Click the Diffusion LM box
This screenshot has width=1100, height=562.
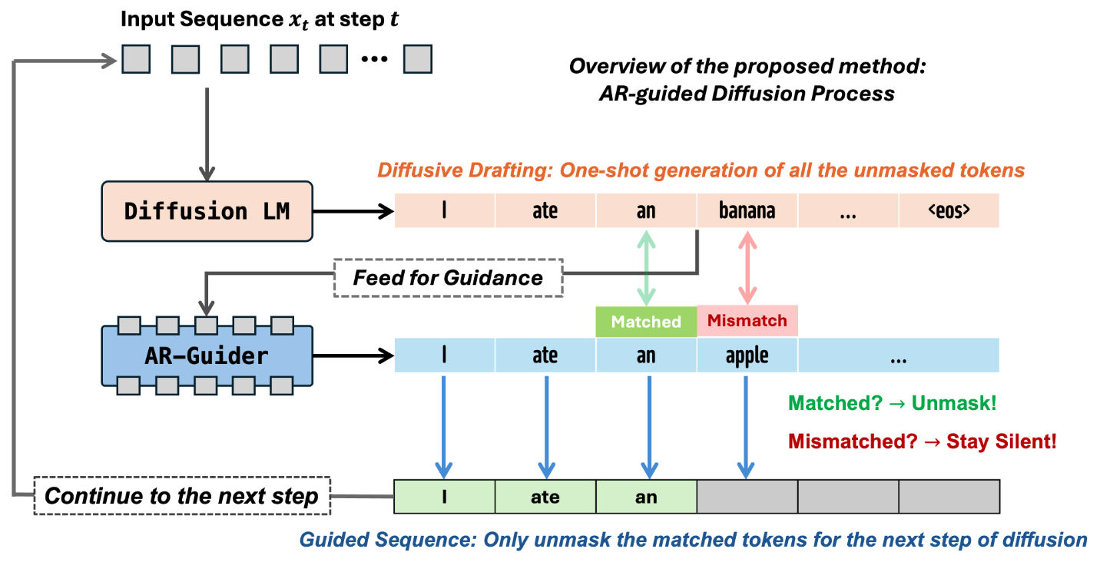coord(207,211)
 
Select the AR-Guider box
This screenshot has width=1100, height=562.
coord(207,355)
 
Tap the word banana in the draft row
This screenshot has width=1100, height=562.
coord(747,210)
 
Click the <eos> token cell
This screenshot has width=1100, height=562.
coord(949,210)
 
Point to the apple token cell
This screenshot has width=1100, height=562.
coord(747,355)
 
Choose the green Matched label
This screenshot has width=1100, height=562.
coord(646,322)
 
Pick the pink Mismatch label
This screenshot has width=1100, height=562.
coord(747,321)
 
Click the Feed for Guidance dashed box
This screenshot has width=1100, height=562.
coord(448,278)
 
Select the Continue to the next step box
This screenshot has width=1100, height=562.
coord(182,496)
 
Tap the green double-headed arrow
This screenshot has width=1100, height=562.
coord(646,267)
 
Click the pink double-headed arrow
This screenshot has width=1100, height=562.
coord(747,267)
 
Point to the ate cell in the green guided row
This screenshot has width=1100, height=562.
coord(545,497)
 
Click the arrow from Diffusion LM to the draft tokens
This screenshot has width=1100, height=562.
coord(353,212)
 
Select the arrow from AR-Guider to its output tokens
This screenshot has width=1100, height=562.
coord(353,355)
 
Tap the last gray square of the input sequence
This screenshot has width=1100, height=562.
coord(417,59)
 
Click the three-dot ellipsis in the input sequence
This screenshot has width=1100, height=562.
coord(374,59)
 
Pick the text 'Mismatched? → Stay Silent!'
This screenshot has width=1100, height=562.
coord(923,441)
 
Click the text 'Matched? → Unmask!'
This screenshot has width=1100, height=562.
coord(893,403)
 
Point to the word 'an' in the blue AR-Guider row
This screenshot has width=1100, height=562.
coord(646,355)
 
